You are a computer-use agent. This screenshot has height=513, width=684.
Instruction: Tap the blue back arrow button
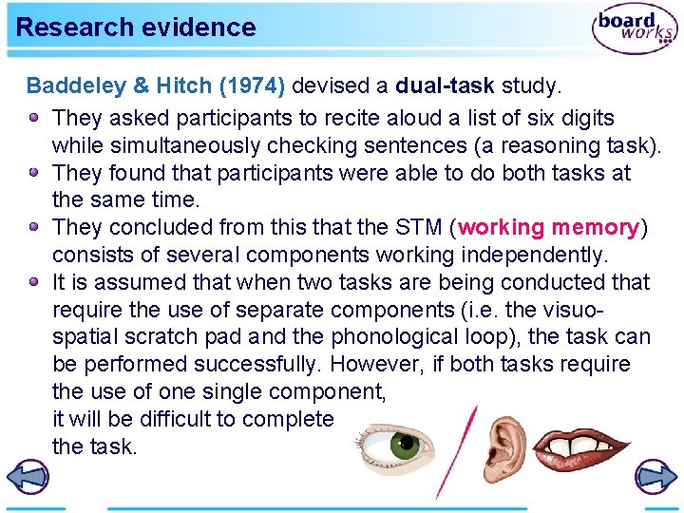click(28, 478)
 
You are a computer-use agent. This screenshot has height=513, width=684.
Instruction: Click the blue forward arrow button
click(655, 478)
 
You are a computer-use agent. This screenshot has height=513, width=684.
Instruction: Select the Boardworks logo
click(634, 29)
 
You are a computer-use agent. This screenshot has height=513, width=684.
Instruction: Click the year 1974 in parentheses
click(252, 86)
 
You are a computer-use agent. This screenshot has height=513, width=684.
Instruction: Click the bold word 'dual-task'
click(445, 86)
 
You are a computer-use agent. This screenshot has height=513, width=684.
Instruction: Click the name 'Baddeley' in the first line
click(76, 86)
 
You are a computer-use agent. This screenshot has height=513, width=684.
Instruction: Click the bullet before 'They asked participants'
click(34, 118)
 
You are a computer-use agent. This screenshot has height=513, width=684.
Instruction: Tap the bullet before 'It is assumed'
click(34, 282)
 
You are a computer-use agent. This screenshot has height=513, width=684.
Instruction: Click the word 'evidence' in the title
click(208, 28)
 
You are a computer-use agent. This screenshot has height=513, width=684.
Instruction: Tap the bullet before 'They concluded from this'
click(34, 228)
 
